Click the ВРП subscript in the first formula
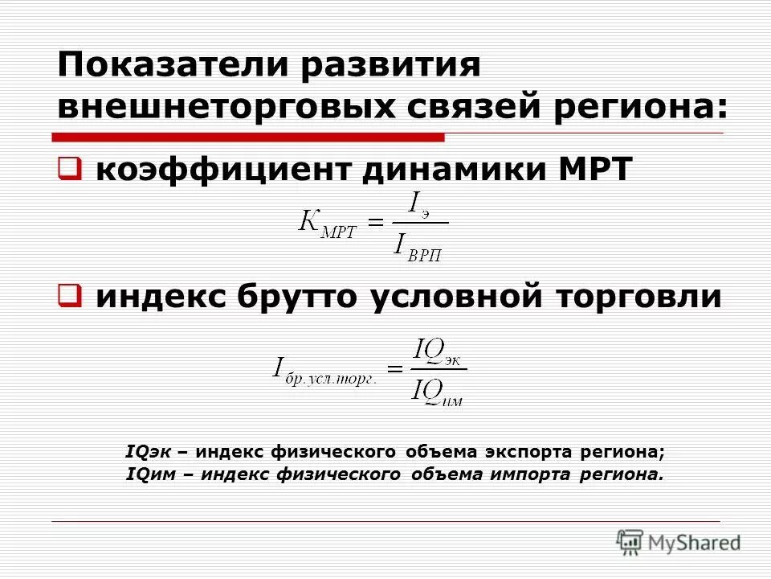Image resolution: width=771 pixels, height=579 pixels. [425, 255]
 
